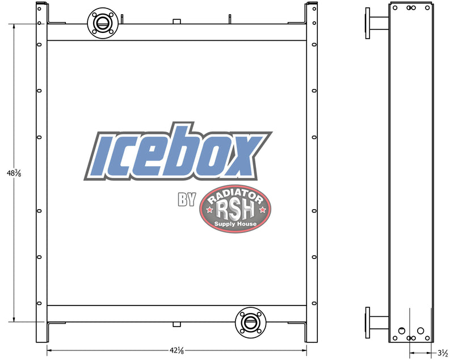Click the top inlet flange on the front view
tap(103, 23)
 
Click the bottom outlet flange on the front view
tap(250, 323)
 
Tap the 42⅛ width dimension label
tap(176, 350)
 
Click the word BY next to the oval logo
tap(187, 200)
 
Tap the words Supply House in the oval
tap(236, 225)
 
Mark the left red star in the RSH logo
tap(209, 210)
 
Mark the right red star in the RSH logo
tap(262, 210)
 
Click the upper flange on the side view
tap(369, 24)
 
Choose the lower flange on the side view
tap(369, 323)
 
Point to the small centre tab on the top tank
tap(176, 21)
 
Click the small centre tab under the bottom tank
tap(176, 325)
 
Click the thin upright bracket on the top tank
tap(229, 19)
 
